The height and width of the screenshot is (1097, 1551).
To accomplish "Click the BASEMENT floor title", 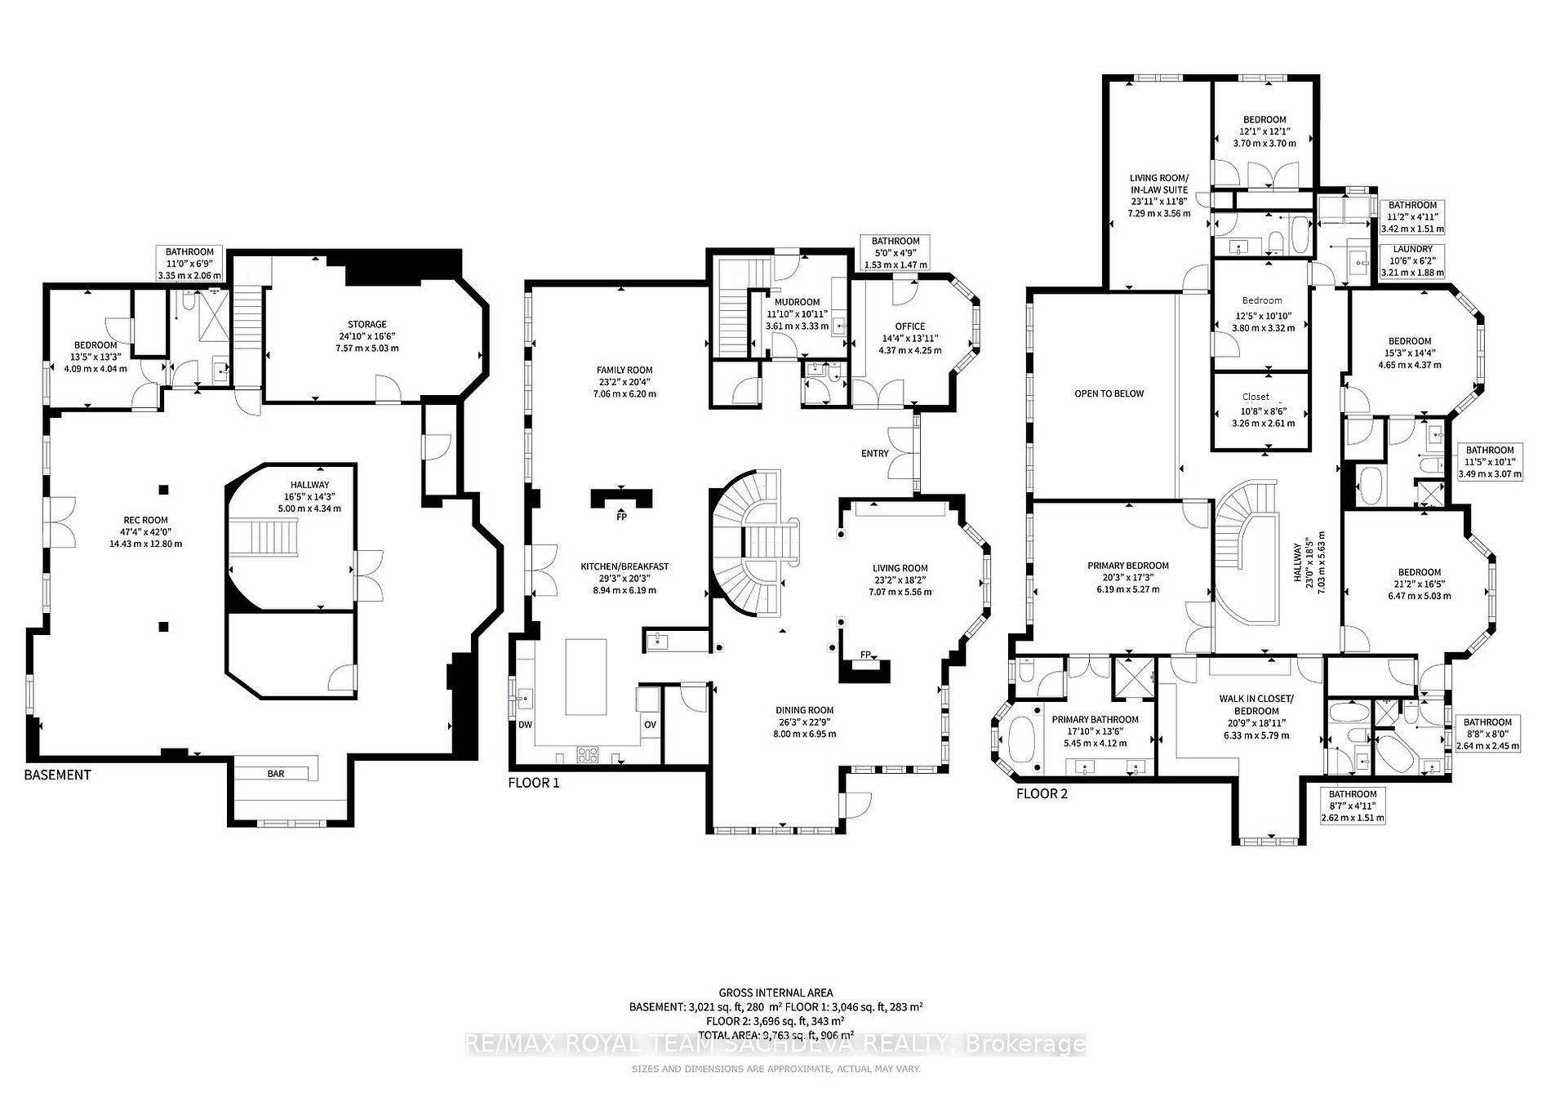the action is pos(57,775).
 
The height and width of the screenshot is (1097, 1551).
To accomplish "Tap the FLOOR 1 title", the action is pos(534,783).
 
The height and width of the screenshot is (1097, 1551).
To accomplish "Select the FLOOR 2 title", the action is pos(1042,793).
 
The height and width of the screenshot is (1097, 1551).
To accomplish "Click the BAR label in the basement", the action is pos(276,773).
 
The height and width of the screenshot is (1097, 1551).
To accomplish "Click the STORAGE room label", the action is pos(367,324).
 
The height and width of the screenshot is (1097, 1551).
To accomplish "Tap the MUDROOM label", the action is pos(798,302).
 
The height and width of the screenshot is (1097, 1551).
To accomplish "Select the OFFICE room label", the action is pos(910,326).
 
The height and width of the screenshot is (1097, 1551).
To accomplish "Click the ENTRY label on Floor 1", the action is pos(874,454).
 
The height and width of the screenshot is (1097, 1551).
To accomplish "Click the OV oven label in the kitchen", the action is pos(650,725).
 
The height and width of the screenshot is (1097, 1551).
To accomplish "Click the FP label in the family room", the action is pos(621,517).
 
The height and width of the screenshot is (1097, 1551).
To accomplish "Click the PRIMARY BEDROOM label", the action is pos(1128,566).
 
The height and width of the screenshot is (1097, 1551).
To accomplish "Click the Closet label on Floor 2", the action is pos(1255,397).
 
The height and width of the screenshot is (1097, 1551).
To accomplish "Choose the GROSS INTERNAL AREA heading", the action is pos(775,993).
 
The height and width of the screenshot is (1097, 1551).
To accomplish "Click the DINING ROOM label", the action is pos(807,710).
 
